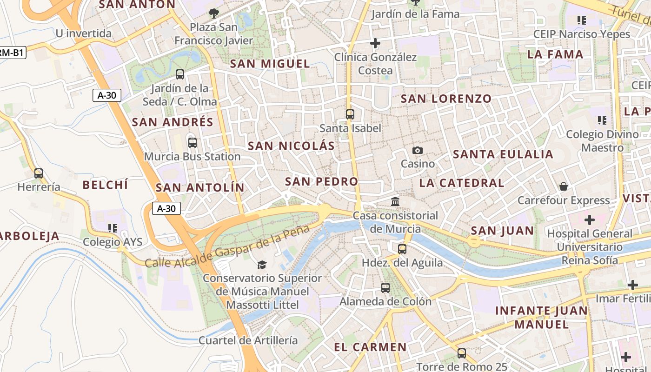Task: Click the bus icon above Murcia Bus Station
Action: point(192,143)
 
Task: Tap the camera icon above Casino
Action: point(418,150)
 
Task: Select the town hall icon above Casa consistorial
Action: point(395,201)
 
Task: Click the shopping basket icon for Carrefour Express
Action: point(564,186)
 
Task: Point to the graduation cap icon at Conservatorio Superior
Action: point(262,265)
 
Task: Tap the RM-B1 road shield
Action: point(11,53)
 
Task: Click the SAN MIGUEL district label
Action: point(270,64)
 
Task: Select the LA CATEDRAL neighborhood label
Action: point(461,183)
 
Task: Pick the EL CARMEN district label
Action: point(370,347)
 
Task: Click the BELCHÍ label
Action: point(105,185)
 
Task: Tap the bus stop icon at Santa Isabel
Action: point(350,114)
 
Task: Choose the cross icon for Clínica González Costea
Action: point(375,43)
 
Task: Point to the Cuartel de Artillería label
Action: point(248,340)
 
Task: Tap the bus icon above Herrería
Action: point(39,173)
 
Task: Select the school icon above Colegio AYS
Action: point(112,228)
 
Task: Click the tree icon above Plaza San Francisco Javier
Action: point(213,13)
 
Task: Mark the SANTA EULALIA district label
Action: point(503,154)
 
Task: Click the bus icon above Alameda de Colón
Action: point(385,287)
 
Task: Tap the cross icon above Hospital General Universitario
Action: point(590,219)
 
